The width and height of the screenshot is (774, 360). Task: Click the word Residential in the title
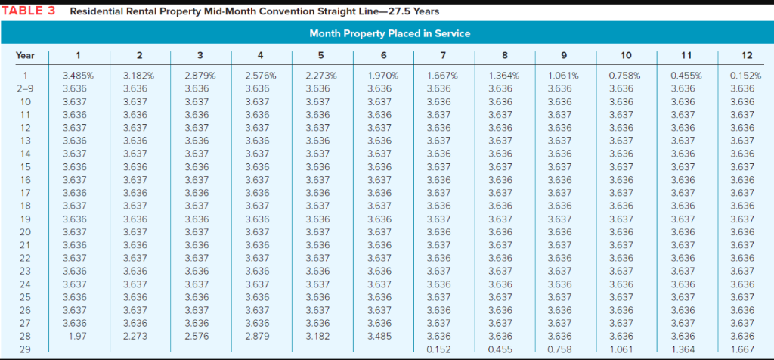tap(101, 11)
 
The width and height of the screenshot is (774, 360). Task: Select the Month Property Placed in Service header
tap(389, 33)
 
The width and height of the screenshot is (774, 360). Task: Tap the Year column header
tap(25, 55)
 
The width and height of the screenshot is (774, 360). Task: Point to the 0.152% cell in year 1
tap(745, 75)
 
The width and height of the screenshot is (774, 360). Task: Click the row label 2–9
tap(25, 88)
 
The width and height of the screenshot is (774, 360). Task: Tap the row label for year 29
tap(25, 348)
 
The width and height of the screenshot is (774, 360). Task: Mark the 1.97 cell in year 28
tap(74, 335)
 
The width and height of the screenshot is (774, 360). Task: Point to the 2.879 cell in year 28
tap(258, 335)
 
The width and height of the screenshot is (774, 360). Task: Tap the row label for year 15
tap(25, 166)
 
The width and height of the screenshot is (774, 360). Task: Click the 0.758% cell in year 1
tap(624, 75)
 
